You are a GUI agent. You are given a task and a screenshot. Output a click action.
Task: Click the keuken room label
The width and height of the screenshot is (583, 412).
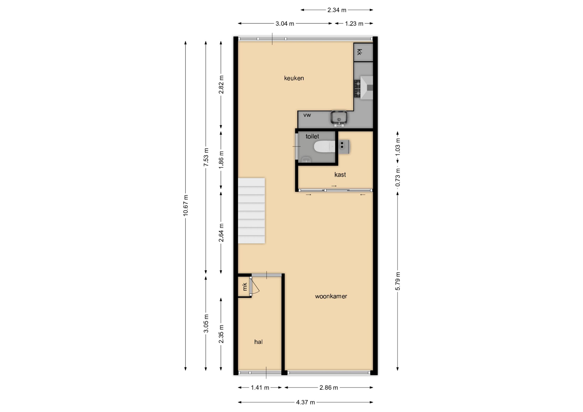tap(294, 78)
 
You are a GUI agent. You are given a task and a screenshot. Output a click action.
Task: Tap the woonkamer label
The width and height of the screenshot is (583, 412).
tap(331, 296)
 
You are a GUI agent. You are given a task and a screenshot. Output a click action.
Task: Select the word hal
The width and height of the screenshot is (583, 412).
tap(258, 342)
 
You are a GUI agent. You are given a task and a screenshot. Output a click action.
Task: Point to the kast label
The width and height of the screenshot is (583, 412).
tap(340, 175)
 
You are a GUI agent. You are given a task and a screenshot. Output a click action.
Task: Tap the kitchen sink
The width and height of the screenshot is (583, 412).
tap(339, 118)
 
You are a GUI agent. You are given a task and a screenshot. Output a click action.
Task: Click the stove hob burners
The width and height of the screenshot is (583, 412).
tap(358, 89)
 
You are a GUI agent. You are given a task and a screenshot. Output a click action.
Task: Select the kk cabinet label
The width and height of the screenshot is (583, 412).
tap(359, 52)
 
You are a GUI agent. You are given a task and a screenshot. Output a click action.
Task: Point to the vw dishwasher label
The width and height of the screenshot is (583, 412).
tap(307, 115)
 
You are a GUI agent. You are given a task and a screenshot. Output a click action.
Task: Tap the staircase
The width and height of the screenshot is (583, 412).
tap(251, 211)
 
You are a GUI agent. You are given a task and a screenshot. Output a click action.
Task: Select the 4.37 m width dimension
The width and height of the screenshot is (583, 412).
tap(305, 402)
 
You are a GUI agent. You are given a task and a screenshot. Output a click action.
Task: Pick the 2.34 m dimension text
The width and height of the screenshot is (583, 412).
tap(337, 10)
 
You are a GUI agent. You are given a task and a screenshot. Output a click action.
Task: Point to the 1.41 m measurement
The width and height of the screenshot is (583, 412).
tap(260, 388)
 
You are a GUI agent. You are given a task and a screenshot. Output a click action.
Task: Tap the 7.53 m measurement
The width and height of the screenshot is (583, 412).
tap(206, 157)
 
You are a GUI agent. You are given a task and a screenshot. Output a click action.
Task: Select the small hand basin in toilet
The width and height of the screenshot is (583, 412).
tap(306, 160)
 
